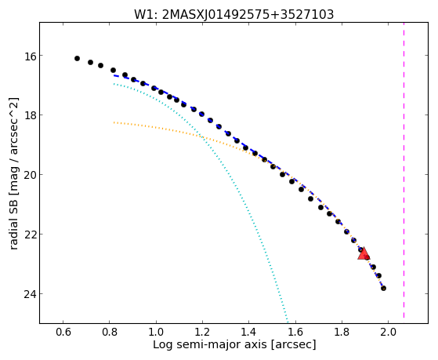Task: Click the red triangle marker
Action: click(x=364, y=253)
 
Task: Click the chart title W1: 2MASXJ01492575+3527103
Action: click(x=233, y=14)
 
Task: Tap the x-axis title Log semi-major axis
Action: click(x=234, y=344)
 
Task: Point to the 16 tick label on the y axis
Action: click(x=30, y=56)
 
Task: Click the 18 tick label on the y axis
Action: click(x=30, y=115)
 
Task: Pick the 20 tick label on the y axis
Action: click(x=30, y=175)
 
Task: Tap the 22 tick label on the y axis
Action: click(x=30, y=235)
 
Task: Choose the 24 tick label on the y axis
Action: click(x=30, y=294)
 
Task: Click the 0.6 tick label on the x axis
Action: click(x=63, y=332)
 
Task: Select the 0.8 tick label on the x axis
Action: click(x=110, y=332)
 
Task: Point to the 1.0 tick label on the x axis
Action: click(x=156, y=332)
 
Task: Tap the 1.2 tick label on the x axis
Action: click(x=202, y=332)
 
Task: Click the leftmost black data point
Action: click(x=77, y=59)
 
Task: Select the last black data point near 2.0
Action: click(x=383, y=288)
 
